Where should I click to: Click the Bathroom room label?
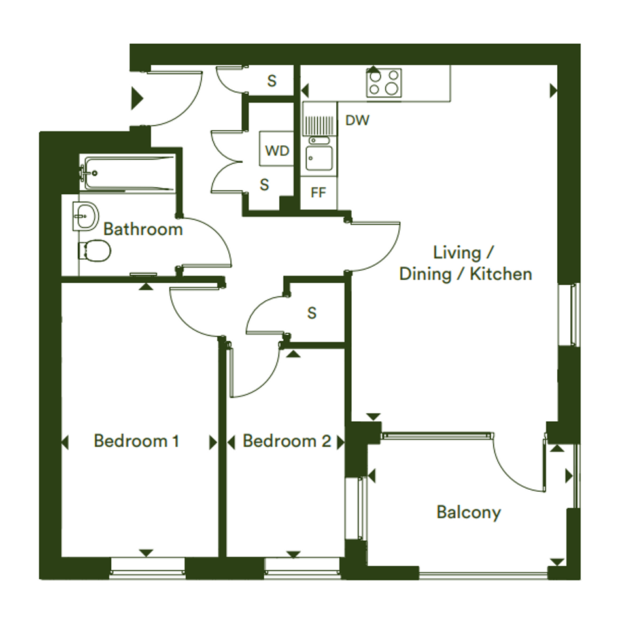143,229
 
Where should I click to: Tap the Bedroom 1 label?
137,441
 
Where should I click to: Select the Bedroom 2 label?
286,441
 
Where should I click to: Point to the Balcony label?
469,512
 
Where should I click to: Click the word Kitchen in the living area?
501,274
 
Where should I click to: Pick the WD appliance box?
277,148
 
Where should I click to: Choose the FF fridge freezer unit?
318,193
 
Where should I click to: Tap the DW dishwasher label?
358,120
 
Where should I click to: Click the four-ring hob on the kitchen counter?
384,82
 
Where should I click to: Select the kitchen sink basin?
319,158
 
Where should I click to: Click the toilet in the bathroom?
95,250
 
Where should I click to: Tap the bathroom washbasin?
85,216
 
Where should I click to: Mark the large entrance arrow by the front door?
137,99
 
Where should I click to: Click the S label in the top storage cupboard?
271,81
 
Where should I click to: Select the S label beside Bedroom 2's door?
312,313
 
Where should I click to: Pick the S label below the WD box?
264,185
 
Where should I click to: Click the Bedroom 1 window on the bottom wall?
146,568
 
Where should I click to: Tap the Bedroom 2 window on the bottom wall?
302,568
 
